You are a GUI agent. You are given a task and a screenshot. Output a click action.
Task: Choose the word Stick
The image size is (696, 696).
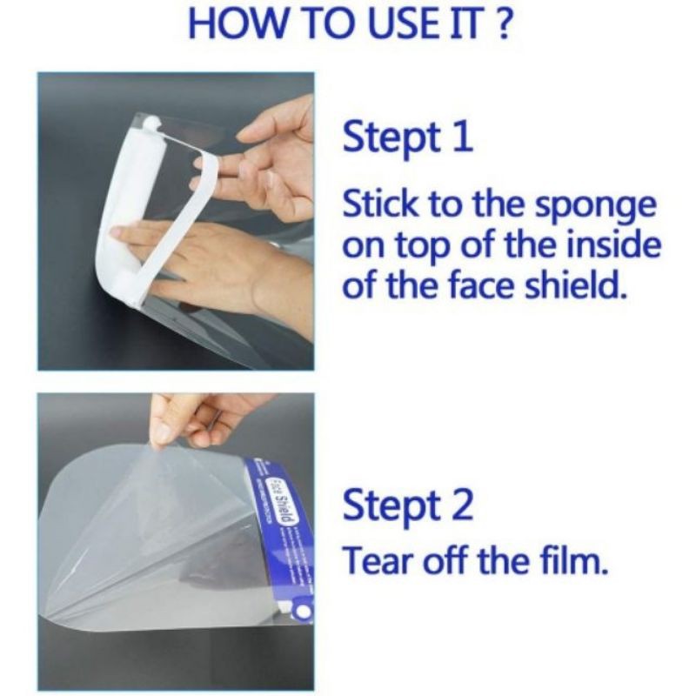coord(382,203)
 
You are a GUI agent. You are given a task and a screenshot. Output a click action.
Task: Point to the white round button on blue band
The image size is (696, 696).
coord(304,612)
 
